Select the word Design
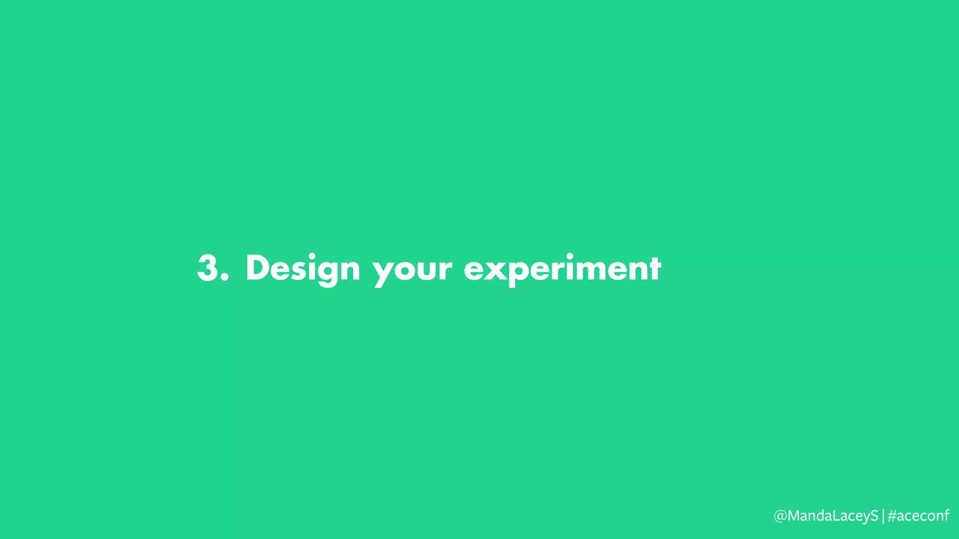302,268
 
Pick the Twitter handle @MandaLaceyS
826,516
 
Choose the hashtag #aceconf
918,516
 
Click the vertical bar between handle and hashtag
883,516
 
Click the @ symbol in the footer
781,516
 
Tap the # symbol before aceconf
892,516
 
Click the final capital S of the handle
874,516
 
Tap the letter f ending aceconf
946,515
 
